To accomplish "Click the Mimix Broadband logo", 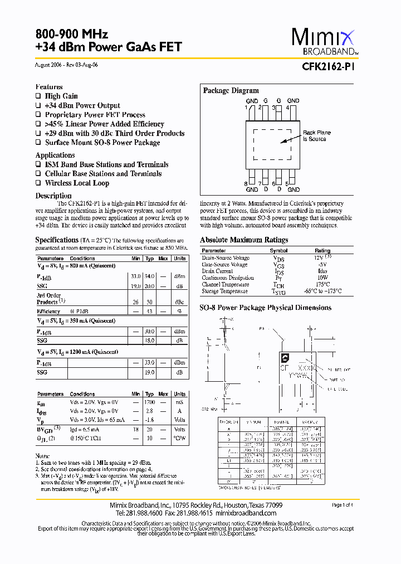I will click(x=322, y=42).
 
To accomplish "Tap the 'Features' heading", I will click(x=49, y=87).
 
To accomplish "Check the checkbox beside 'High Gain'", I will click(x=38, y=96).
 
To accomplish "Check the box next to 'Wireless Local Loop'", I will click(x=38, y=183).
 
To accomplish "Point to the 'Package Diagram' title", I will click(x=231, y=91).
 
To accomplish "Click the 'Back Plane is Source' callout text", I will click(x=316, y=136).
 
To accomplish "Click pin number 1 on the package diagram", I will click(x=246, y=107).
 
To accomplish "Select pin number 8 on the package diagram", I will click(x=246, y=183).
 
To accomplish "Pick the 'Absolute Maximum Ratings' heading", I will click(x=244, y=240).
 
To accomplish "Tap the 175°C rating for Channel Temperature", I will click(x=323, y=284).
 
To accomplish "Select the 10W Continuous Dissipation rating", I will click(x=323, y=278).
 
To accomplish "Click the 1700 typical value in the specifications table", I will click(x=149, y=402).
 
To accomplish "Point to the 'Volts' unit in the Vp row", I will click(x=179, y=420).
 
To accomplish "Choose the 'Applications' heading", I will click(x=55, y=155).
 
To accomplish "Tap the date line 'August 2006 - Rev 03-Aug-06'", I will click(x=67, y=65).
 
